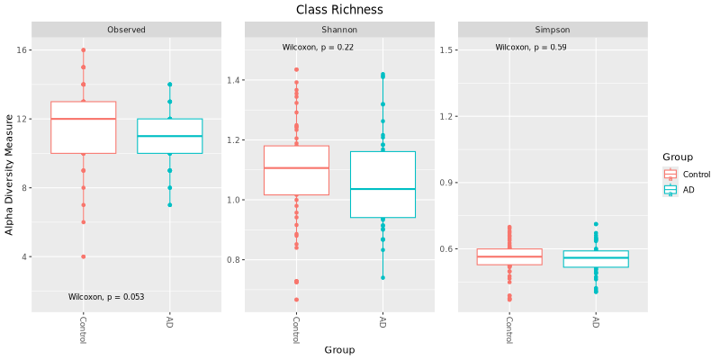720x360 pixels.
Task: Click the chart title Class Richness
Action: [x=339, y=9]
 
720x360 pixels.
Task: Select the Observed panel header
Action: [x=126, y=30]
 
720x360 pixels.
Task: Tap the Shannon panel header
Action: [x=339, y=30]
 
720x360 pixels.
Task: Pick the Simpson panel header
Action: [x=553, y=30]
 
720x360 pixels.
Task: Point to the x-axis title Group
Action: [x=339, y=349]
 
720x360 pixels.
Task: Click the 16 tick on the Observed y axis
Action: [x=21, y=50]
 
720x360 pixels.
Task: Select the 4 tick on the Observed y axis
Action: [x=23, y=256]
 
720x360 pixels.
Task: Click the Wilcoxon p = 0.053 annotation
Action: [x=106, y=296]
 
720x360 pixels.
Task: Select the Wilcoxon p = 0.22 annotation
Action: [x=318, y=47]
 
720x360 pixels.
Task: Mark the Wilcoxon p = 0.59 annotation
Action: [x=531, y=47]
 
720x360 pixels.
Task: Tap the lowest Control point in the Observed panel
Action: [x=83, y=256]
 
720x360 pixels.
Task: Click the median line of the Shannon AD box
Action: [x=382, y=189]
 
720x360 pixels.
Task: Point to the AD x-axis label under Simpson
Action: [x=596, y=321]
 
